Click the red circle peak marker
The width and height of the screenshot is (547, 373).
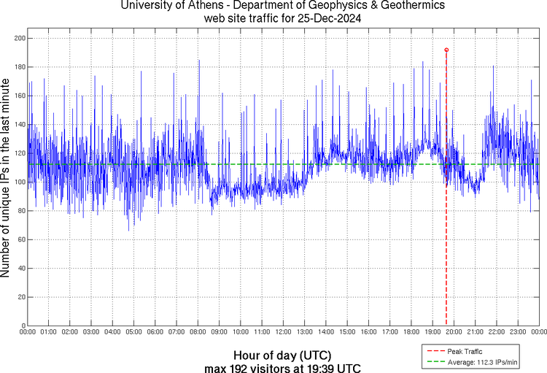(446, 50)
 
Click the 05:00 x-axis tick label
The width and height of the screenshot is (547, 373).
(134, 332)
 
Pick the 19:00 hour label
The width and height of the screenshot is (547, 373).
(432, 332)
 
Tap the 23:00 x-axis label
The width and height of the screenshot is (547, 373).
(518, 332)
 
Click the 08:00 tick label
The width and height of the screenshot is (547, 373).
(198, 332)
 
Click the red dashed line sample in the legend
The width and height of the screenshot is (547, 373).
(435, 352)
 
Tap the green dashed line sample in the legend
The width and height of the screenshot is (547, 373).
(435, 362)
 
